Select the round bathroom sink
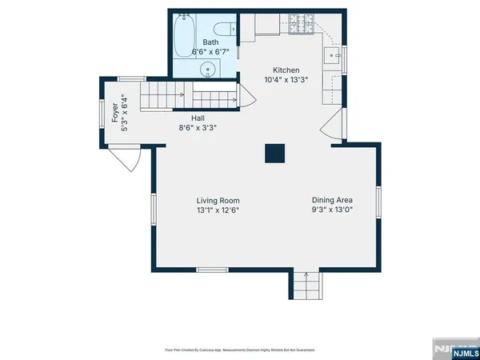(x=210, y=69)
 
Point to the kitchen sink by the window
(x=333, y=58)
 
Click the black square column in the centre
(x=275, y=153)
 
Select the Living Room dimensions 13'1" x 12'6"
(x=218, y=210)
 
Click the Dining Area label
(x=332, y=200)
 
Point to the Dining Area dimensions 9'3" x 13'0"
(x=332, y=210)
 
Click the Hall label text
(x=198, y=117)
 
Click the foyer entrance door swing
(x=124, y=162)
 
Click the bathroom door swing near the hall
(x=246, y=99)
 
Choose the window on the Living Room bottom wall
(x=211, y=270)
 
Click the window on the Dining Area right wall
(x=379, y=205)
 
